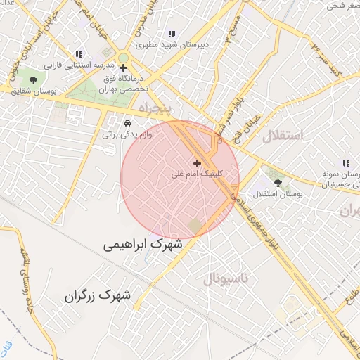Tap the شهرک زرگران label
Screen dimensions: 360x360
click(97, 295)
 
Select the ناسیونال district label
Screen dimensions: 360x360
click(226, 279)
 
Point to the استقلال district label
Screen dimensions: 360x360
click(282, 136)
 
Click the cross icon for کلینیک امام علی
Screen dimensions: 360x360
click(197, 163)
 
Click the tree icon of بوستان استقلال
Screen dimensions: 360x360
click(278, 182)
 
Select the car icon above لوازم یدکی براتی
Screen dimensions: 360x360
click(127, 121)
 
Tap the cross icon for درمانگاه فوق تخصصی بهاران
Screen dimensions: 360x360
click(124, 68)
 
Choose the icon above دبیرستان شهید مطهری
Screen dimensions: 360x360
click(171, 34)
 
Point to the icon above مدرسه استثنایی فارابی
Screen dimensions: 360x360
click(79, 54)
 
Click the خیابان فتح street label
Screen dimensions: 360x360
click(249, 127)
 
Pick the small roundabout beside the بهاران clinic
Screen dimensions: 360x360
click(124, 58)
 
